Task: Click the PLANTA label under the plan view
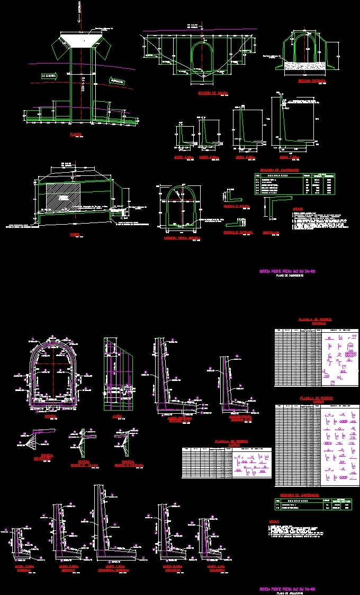click(76, 135)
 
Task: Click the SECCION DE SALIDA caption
click(213, 93)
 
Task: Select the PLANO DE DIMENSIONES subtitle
click(288, 276)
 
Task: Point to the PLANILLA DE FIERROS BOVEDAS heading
click(311, 322)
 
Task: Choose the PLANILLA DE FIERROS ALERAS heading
click(228, 442)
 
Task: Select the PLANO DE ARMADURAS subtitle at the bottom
click(288, 593)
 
